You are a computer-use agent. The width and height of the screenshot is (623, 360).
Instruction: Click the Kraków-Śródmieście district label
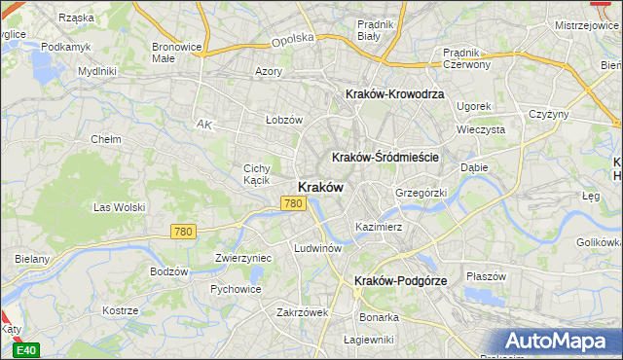pyautogui.click(x=386, y=157)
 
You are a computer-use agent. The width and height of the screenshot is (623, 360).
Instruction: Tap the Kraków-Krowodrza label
pyautogui.click(x=394, y=94)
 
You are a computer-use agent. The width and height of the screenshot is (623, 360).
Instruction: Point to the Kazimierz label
pyautogui.click(x=379, y=226)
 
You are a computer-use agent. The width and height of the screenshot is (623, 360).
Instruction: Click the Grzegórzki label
pyautogui.click(x=421, y=193)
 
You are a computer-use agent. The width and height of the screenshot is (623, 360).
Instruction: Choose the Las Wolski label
pyautogui.click(x=119, y=207)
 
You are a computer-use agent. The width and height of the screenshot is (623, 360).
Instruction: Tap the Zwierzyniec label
pyautogui.click(x=242, y=259)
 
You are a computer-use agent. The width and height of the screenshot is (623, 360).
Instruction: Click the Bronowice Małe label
pyautogui.click(x=176, y=52)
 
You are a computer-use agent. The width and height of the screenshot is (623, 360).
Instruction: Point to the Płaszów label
pyautogui.click(x=486, y=276)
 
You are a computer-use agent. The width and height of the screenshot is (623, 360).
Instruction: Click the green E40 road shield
pyautogui.click(x=27, y=350)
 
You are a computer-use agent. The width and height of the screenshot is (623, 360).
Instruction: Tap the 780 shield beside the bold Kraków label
pyautogui.click(x=295, y=203)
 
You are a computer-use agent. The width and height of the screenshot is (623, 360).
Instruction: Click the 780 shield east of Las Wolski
pyautogui.click(x=182, y=232)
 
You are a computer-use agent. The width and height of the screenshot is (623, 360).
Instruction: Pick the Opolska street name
pyautogui.click(x=292, y=39)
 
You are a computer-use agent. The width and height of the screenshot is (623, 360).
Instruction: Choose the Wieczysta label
pyautogui.click(x=480, y=128)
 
